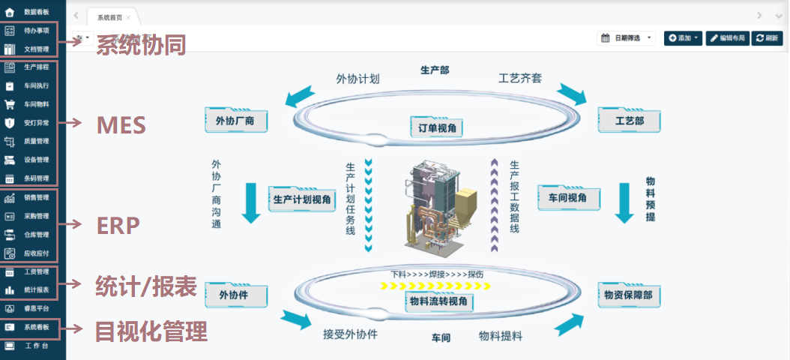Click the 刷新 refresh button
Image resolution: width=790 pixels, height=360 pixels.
pos(768,37)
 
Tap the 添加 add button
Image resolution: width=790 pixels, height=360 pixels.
pos(683,37)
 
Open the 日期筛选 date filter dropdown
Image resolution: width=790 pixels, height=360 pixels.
pos(627,37)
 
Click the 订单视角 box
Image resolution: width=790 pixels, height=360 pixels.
pos(437,128)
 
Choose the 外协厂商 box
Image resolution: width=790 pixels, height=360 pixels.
pos(236,120)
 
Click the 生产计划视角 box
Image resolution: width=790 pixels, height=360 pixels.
pos(302,199)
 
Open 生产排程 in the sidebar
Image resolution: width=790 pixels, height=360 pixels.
pos(36,67)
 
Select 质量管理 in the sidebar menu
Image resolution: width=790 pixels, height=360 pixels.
pos(36,141)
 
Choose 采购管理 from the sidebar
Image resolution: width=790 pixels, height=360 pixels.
pos(36,216)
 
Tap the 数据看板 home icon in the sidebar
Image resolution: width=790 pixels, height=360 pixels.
pos(10,12)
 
